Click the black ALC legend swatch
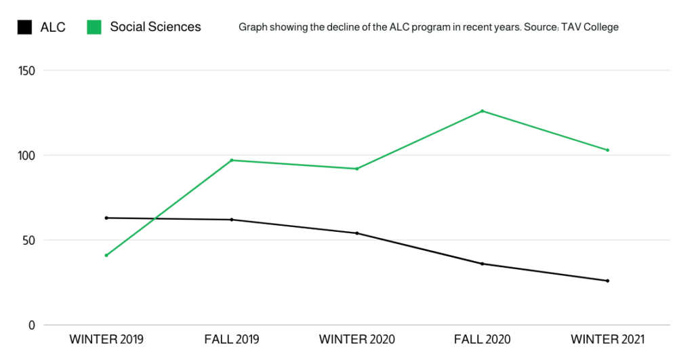click(24, 27)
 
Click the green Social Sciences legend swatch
click(94, 27)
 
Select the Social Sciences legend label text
click(155, 27)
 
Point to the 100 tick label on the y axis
click(26, 155)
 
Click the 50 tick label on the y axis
click(28, 240)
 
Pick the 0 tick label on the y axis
click(31, 325)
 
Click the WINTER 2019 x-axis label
click(106, 339)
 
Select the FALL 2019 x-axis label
click(232, 339)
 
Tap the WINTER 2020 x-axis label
click(356, 339)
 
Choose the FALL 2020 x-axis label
click(482, 339)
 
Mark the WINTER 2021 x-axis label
click(607, 339)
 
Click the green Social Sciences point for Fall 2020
click(482, 111)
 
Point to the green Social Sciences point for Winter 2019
click(106, 255)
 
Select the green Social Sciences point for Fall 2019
click(232, 160)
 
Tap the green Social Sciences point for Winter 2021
click(607, 150)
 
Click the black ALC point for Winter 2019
click(106, 218)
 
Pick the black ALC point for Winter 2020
click(356, 233)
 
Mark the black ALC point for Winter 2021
click(607, 281)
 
